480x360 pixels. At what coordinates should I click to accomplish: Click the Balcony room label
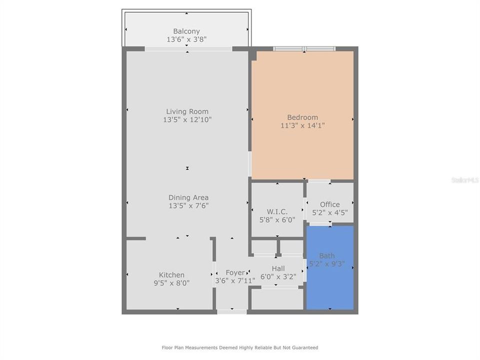click(x=186, y=31)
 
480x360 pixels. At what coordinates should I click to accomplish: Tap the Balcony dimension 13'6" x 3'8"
click(x=186, y=38)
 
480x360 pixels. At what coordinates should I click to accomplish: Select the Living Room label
click(x=187, y=111)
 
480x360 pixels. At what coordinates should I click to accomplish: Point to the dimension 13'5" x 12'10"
click(x=187, y=119)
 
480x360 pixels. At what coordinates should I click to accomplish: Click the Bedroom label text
click(x=302, y=117)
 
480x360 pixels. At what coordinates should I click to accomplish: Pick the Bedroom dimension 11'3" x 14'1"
click(x=302, y=125)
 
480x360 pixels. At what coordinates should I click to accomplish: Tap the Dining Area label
click(x=188, y=197)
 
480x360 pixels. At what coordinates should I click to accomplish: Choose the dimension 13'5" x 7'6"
click(x=188, y=205)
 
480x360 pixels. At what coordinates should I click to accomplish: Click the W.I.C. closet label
click(x=277, y=211)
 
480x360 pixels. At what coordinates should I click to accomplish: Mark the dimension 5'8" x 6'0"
click(x=277, y=219)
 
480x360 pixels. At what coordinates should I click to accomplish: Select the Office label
click(x=329, y=204)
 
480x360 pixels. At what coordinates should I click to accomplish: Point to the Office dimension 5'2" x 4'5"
click(x=329, y=212)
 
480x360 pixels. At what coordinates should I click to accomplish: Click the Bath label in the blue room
click(x=327, y=256)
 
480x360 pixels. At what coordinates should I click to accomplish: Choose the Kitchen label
click(x=171, y=275)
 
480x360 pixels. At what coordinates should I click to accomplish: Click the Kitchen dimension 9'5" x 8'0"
click(x=171, y=283)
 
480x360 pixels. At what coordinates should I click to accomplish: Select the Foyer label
click(x=235, y=272)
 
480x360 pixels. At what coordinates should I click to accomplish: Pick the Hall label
click(x=278, y=268)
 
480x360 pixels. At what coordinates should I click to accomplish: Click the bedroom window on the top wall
click(x=304, y=49)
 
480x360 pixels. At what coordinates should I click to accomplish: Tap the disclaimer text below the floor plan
click(x=239, y=347)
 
